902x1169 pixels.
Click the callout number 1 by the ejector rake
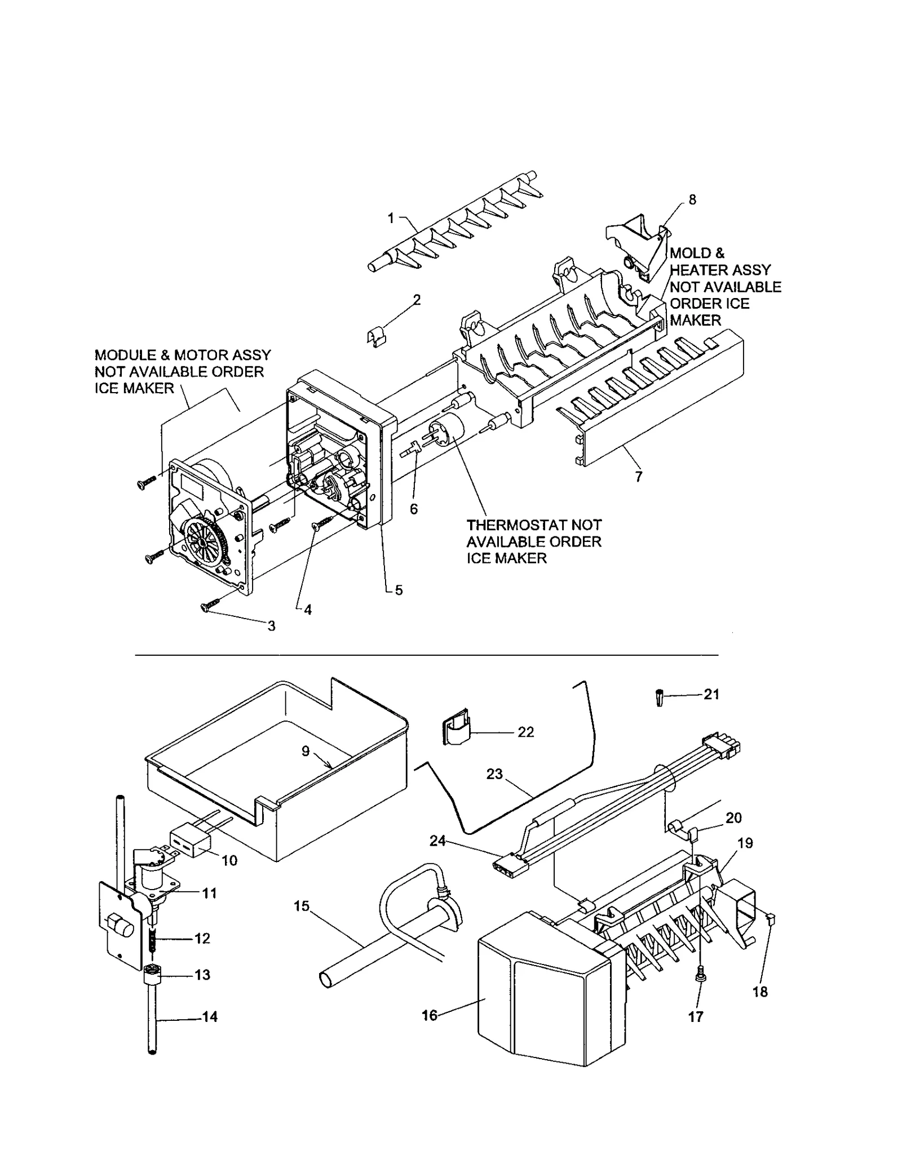[391, 218]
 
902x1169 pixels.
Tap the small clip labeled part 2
[373, 339]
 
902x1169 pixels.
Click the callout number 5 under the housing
[399, 590]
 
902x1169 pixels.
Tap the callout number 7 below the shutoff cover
[638, 477]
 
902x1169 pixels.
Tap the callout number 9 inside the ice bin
[305, 751]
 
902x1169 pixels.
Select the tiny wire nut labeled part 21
[660, 698]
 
